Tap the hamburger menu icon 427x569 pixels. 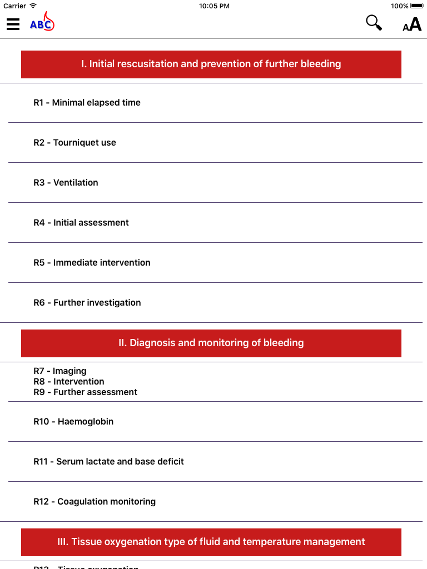pos(13,24)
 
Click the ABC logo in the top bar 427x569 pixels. pos(42,23)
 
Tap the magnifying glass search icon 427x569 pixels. pos(374,23)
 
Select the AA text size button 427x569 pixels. pos(412,24)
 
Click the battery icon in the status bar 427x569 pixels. pos(417,6)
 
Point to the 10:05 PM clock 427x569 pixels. pos(213,6)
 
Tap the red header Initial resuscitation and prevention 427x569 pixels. pos(211,64)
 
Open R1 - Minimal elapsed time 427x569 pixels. pos(87,102)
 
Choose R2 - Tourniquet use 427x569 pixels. pos(75,142)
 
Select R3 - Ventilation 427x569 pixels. pos(66,182)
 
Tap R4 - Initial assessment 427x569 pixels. pos(81,222)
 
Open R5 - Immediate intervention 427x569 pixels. pos(92,262)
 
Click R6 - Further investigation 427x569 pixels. pos(87,302)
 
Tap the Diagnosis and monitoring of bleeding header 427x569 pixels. pos(211,343)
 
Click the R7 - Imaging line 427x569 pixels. pos(60,371)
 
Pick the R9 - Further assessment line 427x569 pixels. pos(86,392)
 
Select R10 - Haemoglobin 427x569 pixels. pos(73,421)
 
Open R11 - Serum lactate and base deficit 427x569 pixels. pos(109,461)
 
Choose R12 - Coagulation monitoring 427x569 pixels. pos(95,501)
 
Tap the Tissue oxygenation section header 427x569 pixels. pos(211,542)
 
